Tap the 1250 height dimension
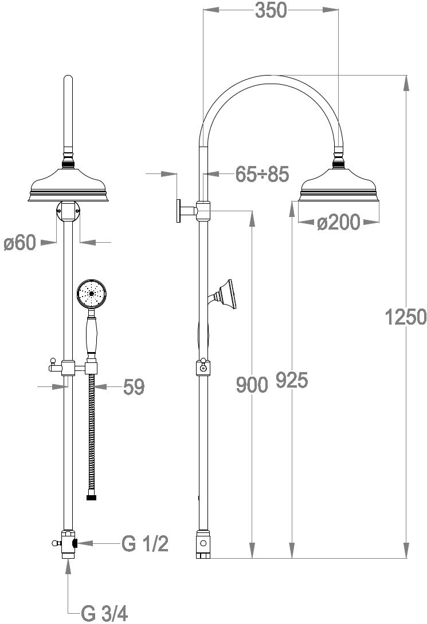(x=405, y=317)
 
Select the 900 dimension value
(x=252, y=385)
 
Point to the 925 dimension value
(x=292, y=380)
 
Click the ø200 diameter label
(x=338, y=222)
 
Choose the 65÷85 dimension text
(x=262, y=174)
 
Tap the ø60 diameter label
(x=20, y=242)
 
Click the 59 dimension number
(x=134, y=387)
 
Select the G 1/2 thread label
(x=145, y=544)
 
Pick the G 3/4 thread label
(x=104, y=613)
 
